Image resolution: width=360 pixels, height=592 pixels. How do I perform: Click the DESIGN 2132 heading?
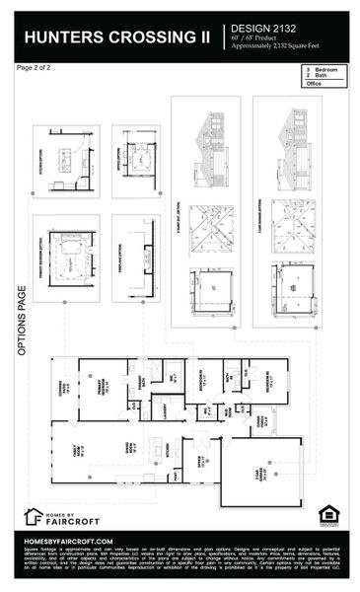tap(273, 30)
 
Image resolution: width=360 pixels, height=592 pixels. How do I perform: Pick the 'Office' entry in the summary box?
tap(315, 84)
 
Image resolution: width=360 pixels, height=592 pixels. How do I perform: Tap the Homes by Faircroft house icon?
tap(33, 516)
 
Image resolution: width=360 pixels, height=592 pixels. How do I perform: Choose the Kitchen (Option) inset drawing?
tap(66, 160)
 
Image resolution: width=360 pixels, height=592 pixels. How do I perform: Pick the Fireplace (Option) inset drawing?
tap(136, 258)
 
